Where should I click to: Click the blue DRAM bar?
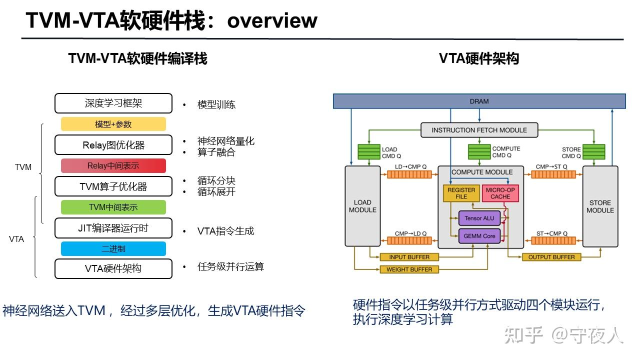[479, 101]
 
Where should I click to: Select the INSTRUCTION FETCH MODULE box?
[479, 130]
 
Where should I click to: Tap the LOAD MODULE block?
[362, 206]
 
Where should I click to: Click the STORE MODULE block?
[600, 206]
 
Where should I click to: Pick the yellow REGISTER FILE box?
[461, 193]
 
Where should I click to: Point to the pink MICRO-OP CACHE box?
[500, 193]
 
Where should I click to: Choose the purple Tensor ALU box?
[479, 218]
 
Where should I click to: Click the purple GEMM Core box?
[479, 235]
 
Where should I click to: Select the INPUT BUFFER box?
[408, 257]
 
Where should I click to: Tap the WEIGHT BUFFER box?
[409, 269]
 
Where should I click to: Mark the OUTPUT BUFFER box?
[551, 257]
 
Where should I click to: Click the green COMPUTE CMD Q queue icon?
[478, 152]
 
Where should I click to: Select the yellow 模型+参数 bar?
[113, 124]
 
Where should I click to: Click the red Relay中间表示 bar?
[113, 165]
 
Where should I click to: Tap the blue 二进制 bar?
[113, 248]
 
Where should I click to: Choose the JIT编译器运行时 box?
[113, 228]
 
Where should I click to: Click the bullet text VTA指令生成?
[225, 231]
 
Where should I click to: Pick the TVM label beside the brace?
[23, 167]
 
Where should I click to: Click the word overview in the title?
[272, 20]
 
